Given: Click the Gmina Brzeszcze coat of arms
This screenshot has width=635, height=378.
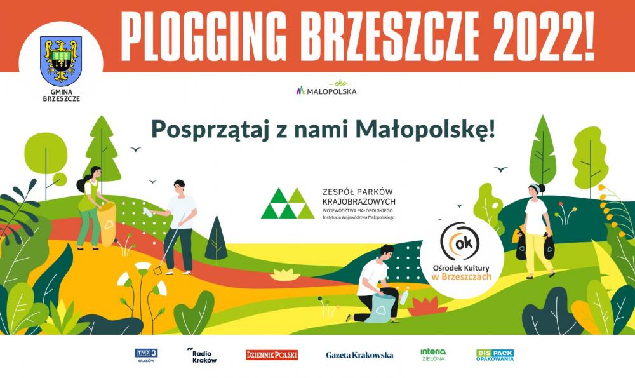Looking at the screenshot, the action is pyautogui.click(x=61, y=61).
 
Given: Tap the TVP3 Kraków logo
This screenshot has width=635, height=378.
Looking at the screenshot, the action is pyautogui.click(x=146, y=355).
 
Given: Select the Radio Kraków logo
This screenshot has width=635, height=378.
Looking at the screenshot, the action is pyautogui.click(x=203, y=355).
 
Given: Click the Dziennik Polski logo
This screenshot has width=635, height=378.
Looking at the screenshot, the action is pyautogui.click(x=272, y=355).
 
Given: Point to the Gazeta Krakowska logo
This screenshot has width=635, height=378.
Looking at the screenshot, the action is pyautogui.click(x=359, y=355).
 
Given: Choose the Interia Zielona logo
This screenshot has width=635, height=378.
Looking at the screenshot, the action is pyautogui.click(x=433, y=355).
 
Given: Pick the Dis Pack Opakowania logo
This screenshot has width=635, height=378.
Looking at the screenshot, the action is pyautogui.click(x=495, y=355).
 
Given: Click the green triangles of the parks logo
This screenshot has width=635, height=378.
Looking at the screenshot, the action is pyautogui.click(x=288, y=203).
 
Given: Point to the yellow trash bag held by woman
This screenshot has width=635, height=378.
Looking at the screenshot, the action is pyautogui.click(x=107, y=224).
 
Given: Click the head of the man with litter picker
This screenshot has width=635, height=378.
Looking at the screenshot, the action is pyautogui.click(x=179, y=187).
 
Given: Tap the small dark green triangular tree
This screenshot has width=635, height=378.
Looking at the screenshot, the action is pyautogui.click(x=216, y=238).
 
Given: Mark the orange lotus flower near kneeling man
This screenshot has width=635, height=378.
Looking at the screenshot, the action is pyautogui.click(x=427, y=306).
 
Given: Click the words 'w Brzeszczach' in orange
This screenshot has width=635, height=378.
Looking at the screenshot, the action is pyautogui.click(x=462, y=277).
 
